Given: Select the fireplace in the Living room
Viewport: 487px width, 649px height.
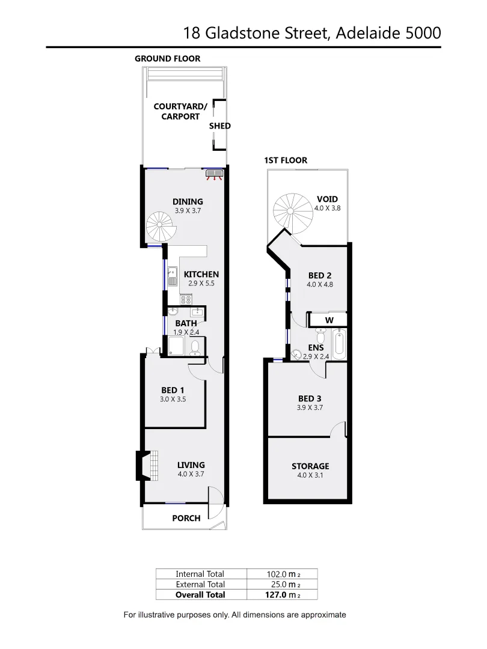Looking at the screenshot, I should pyautogui.click(x=144, y=465).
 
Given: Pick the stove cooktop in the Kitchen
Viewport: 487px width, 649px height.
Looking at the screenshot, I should pyautogui.click(x=186, y=299).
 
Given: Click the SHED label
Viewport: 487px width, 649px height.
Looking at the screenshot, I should pyautogui.click(x=219, y=126).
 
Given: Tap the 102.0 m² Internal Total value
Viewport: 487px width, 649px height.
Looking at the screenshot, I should pyautogui.click(x=283, y=574).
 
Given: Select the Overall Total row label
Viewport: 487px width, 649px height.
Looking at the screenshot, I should pyautogui.click(x=200, y=594).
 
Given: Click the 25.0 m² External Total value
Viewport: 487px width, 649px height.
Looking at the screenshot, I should pyautogui.click(x=283, y=584).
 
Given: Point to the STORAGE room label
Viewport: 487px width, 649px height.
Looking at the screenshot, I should pyautogui.click(x=310, y=466).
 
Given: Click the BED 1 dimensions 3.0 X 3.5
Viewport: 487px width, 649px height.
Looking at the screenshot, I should pyautogui.click(x=173, y=399).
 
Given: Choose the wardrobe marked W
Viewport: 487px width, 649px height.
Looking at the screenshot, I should pyautogui.click(x=329, y=320).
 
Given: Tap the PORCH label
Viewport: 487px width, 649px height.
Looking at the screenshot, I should pyautogui.click(x=186, y=518).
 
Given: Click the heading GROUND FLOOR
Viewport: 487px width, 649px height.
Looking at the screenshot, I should pyautogui.click(x=167, y=58).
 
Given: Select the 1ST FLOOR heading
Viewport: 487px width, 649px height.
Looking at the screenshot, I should pyautogui.click(x=286, y=160).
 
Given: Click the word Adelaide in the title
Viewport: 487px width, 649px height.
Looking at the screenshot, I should pyautogui.click(x=367, y=32).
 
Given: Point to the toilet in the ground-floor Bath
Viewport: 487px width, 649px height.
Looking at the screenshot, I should pyautogui.click(x=195, y=347).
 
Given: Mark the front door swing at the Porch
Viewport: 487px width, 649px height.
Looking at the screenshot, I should pyautogui.click(x=214, y=504).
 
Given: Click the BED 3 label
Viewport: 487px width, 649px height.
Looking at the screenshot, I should pyautogui.click(x=314, y=398).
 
